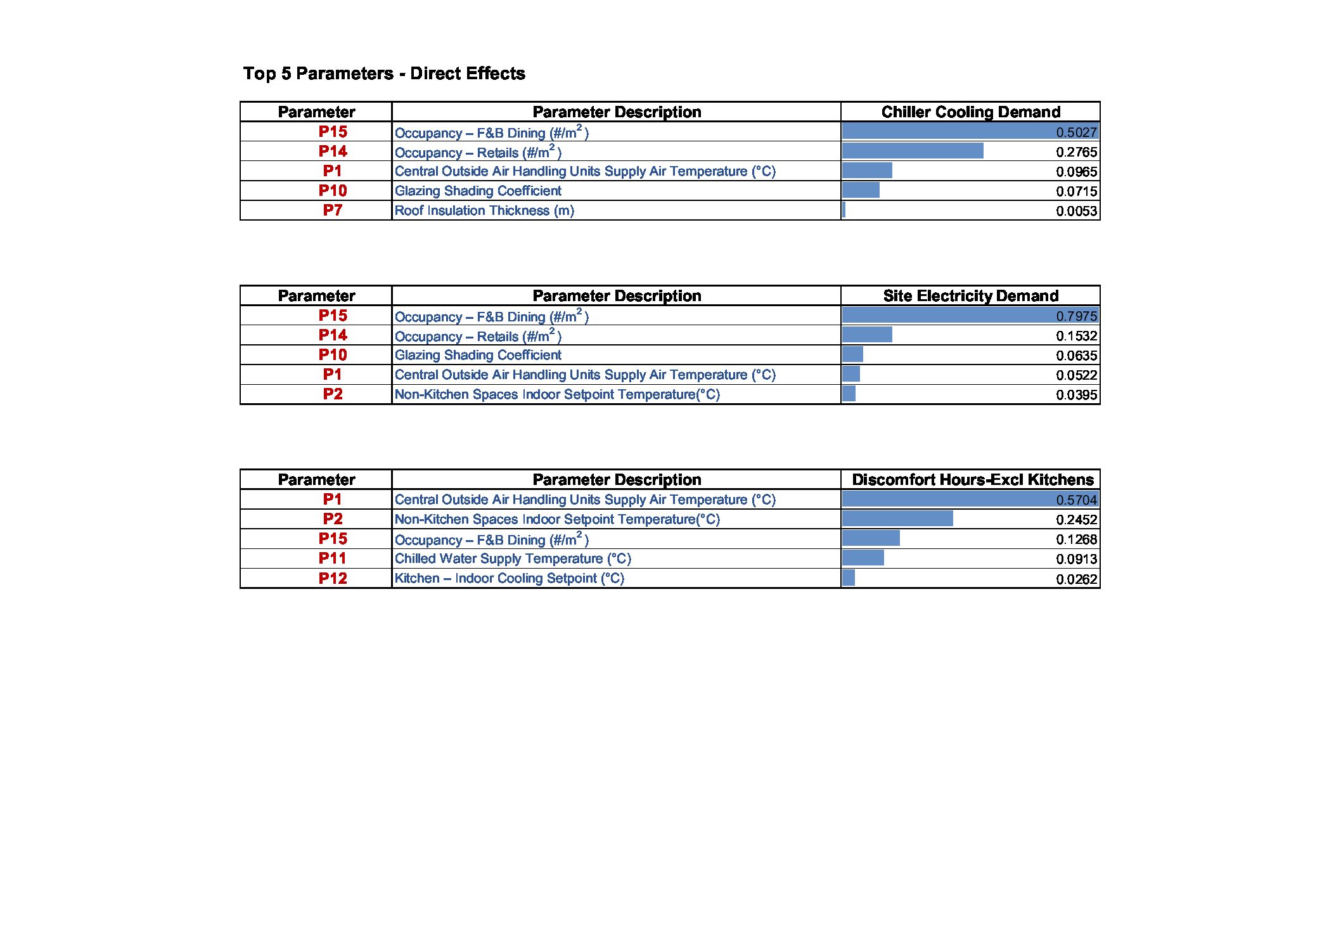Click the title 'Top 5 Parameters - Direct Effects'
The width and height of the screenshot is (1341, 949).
tap(384, 74)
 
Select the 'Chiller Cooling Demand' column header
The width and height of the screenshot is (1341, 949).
tap(970, 112)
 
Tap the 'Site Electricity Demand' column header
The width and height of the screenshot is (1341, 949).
tap(970, 296)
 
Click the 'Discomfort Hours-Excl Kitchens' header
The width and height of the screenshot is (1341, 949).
tap(972, 480)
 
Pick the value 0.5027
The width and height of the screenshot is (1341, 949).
tap(1076, 132)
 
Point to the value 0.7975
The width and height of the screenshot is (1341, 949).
tap(1076, 316)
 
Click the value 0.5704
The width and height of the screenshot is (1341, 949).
tap(1076, 500)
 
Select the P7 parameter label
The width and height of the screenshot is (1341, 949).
tap(333, 210)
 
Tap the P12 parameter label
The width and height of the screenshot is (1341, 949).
tap(333, 578)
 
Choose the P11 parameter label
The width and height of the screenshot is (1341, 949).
tap(333, 558)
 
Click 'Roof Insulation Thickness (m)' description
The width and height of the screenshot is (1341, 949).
tap(484, 210)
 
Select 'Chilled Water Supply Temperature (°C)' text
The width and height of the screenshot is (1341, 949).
tap(513, 558)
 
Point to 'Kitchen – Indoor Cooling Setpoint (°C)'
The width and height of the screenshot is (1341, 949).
tap(509, 578)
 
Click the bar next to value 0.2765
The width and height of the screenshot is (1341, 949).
tap(913, 151)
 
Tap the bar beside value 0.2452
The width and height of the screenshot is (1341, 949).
tap(897, 519)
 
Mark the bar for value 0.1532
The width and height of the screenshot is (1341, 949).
tap(867, 335)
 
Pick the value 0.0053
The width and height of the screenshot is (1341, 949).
tap(1076, 211)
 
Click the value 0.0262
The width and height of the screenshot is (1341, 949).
tap(1076, 579)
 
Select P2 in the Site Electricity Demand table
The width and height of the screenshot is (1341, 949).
tap(333, 394)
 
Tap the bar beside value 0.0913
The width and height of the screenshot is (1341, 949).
tap(863, 558)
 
